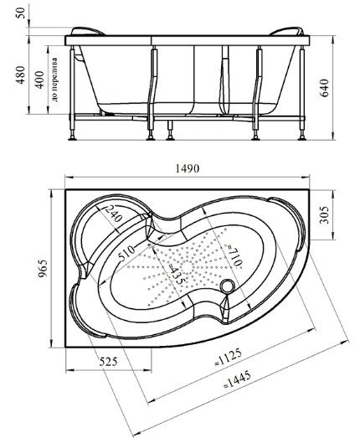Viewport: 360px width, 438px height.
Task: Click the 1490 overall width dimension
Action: click(x=188, y=168)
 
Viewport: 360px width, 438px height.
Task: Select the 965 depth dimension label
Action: click(x=43, y=268)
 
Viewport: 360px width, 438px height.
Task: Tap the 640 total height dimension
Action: click(x=324, y=88)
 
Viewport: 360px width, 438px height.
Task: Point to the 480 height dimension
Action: click(x=20, y=75)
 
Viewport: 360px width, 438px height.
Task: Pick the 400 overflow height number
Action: click(x=40, y=80)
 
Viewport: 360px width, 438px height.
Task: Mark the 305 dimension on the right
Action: click(x=324, y=214)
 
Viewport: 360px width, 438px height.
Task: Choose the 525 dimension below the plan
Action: click(x=108, y=362)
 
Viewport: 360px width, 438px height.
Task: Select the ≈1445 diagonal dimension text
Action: click(x=237, y=379)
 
